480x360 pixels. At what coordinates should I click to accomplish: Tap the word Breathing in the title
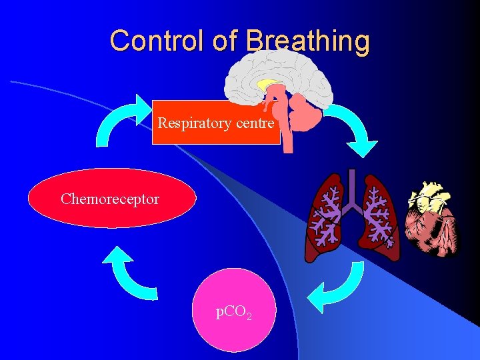click(307, 41)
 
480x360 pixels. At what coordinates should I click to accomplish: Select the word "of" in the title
click(224, 41)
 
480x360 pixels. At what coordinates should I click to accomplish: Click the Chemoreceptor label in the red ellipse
click(110, 199)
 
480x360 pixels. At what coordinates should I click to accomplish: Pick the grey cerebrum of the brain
click(280, 67)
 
